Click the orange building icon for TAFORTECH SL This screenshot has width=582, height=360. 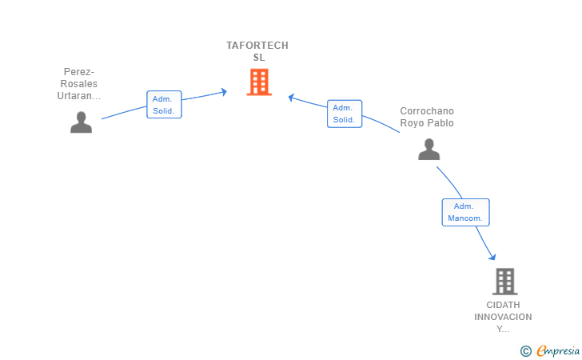pyautogui.click(x=258, y=82)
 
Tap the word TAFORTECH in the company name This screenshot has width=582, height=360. pyautogui.click(x=257, y=46)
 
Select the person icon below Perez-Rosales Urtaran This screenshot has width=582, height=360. pyautogui.click(x=81, y=122)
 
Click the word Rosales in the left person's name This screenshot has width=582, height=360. pyautogui.click(x=79, y=84)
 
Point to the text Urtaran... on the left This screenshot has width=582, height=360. pyautogui.click(x=79, y=96)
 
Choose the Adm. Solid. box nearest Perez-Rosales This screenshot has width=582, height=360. pyautogui.click(x=165, y=104)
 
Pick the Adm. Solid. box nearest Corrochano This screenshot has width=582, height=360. pyautogui.click(x=345, y=114)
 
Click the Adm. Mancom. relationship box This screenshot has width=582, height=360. pyautogui.click(x=465, y=212)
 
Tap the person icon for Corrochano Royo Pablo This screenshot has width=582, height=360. pyautogui.click(x=429, y=149)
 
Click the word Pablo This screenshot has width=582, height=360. pyautogui.click(x=440, y=123)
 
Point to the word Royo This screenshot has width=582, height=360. pyautogui.click(x=413, y=123)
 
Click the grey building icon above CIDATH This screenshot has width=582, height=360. pyautogui.click(x=504, y=282)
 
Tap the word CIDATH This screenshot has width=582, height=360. pyautogui.click(x=503, y=305)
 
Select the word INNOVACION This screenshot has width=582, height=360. pyautogui.click(x=503, y=317)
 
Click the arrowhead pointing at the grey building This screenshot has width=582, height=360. pyautogui.click(x=492, y=257)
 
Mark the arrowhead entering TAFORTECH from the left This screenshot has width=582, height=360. pyautogui.click(x=223, y=92)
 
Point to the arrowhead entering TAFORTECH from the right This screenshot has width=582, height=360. pyautogui.click(x=292, y=98)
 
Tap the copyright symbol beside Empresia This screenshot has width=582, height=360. pyautogui.click(x=525, y=350)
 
